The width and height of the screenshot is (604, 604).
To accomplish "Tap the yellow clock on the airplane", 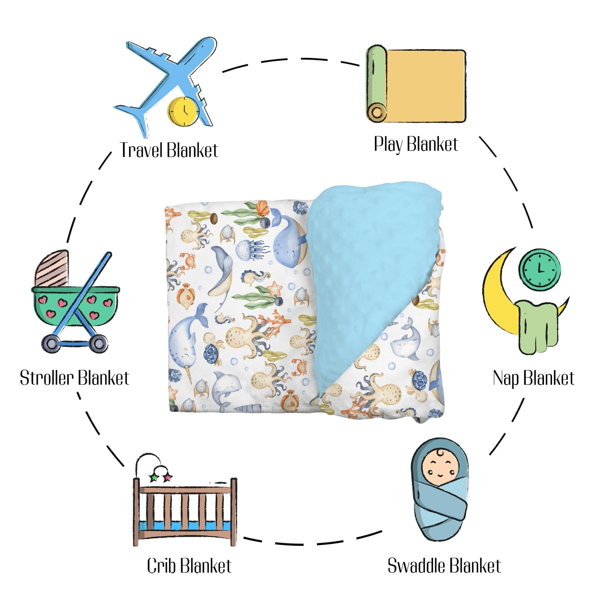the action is coord(183,111).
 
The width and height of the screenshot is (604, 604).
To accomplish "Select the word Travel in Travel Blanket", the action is coord(142,150).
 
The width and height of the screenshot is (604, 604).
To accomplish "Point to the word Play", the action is coord(389,144).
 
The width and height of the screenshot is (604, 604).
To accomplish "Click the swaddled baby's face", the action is coord(439,468).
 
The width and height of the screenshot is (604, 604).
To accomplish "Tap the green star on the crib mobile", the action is coord(153,478).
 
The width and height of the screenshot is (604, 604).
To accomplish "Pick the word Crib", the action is coord(162,565).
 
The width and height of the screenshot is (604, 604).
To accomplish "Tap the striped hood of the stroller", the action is coord(52,268).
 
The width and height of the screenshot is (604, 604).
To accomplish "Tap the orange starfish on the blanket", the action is coord(275,289).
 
